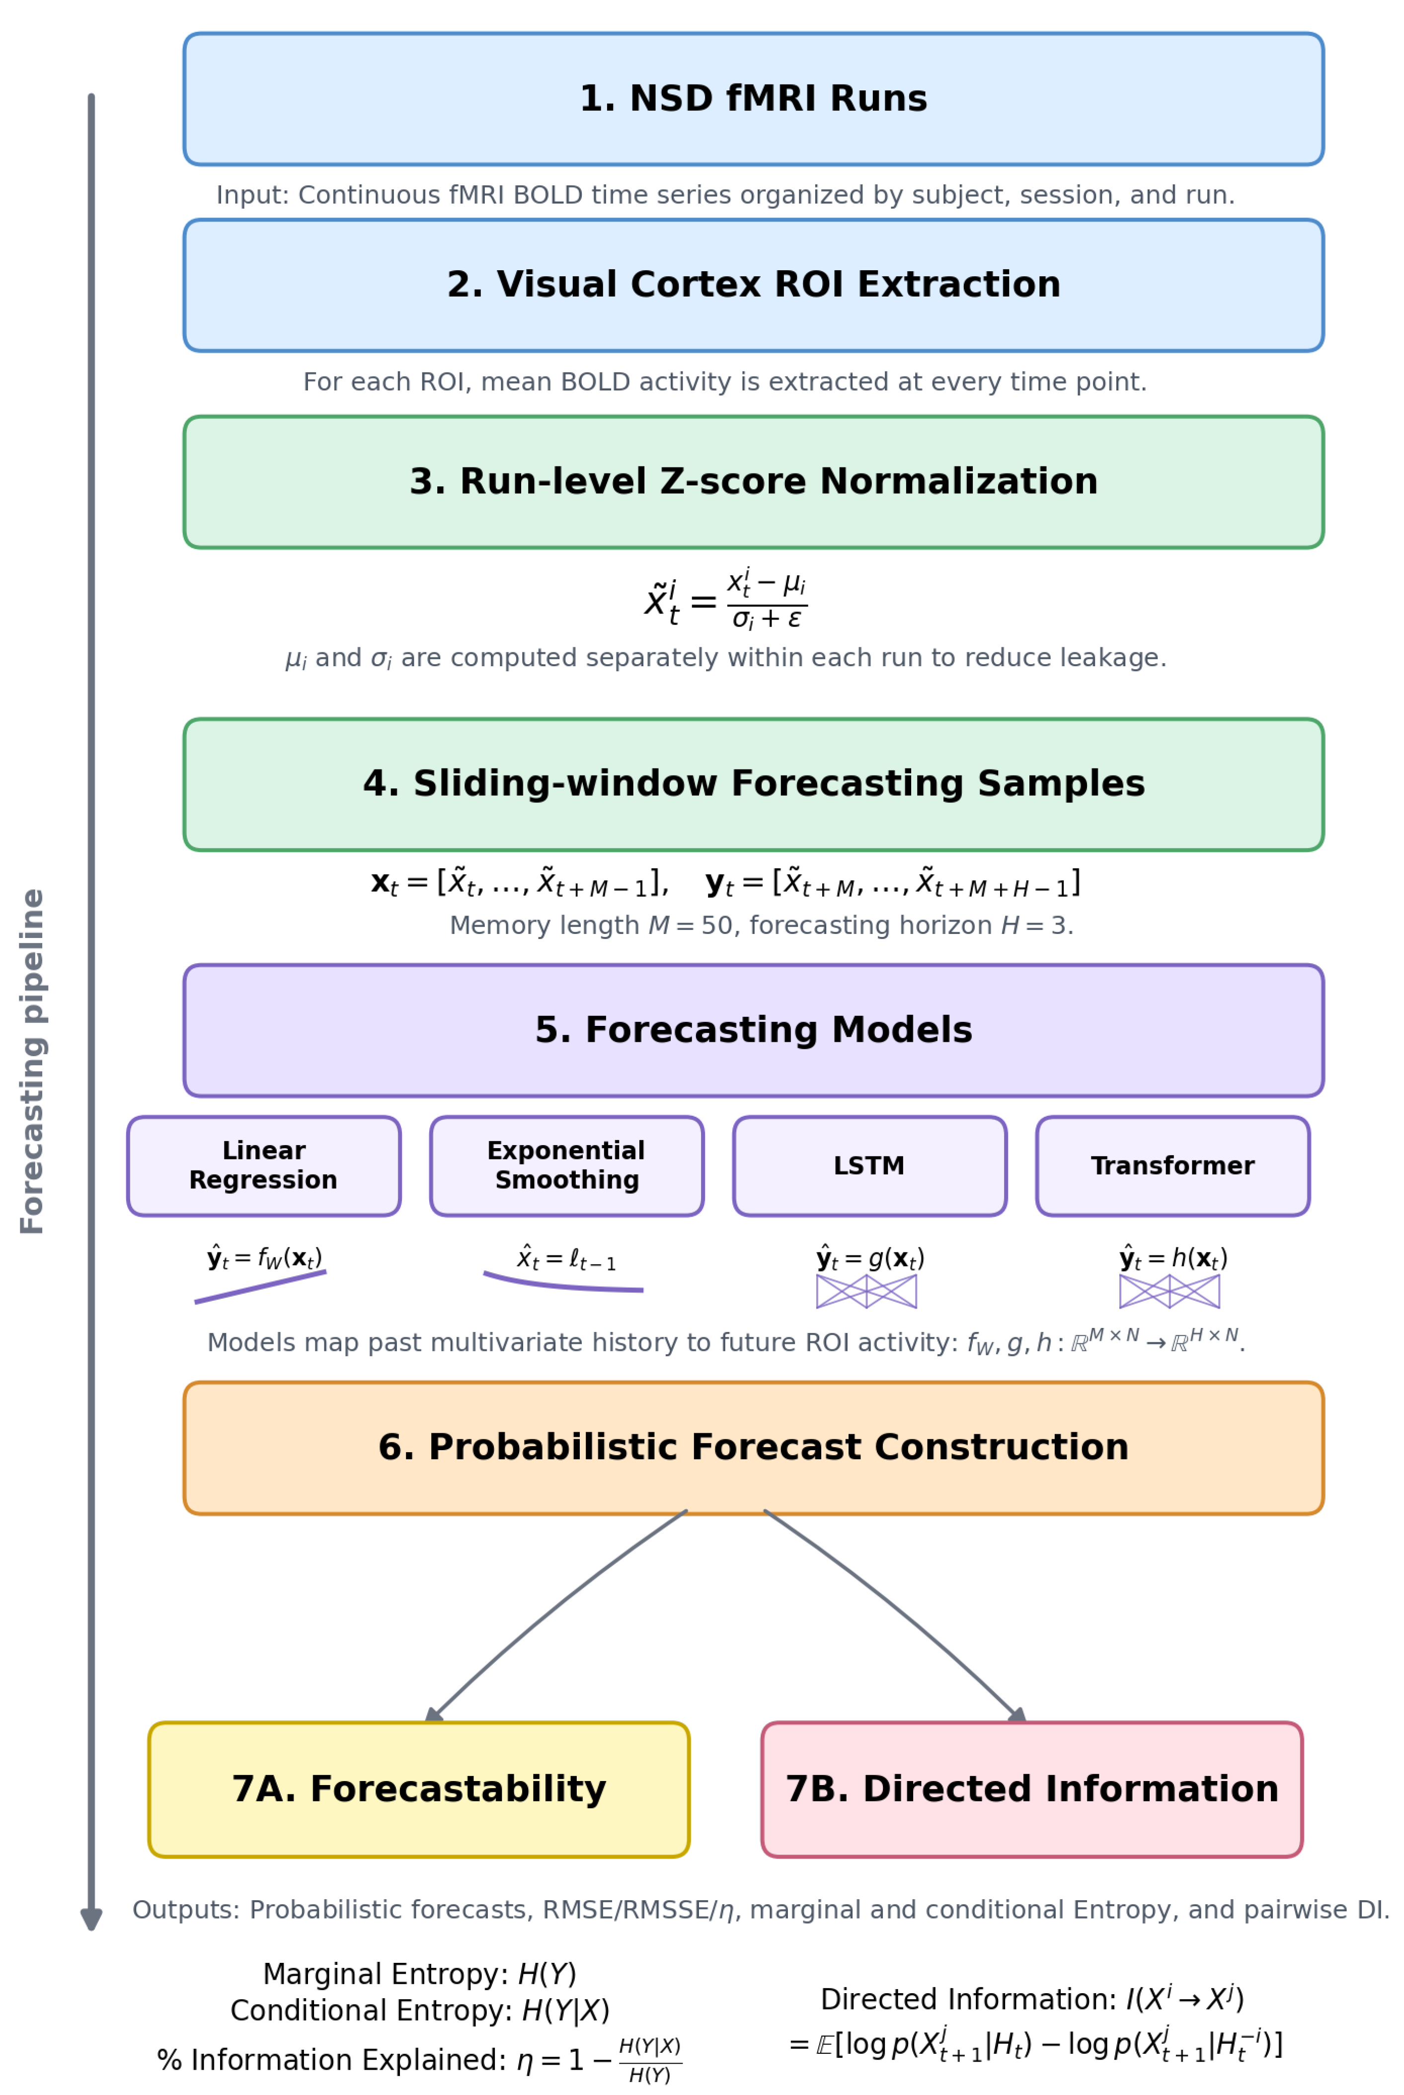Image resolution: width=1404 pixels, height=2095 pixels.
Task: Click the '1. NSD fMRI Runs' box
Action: [753, 99]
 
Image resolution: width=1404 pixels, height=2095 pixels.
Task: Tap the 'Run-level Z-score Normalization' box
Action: [753, 482]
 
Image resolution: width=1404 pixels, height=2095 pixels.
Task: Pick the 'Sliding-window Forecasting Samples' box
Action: [753, 784]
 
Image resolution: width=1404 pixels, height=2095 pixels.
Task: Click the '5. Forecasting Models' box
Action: [753, 1030]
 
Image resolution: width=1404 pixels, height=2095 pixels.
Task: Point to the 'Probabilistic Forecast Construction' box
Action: [753, 1448]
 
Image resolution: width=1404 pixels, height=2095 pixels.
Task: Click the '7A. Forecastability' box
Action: [419, 1789]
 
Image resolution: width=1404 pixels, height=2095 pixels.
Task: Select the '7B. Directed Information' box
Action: [1031, 1789]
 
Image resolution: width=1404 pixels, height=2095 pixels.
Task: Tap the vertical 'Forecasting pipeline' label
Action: [32, 1061]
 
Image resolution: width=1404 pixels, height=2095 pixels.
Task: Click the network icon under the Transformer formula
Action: [1170, 1292]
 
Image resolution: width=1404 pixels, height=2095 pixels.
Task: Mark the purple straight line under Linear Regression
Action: [260, 1287]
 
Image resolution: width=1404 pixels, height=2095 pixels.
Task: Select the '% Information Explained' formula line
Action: [419, 2061]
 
